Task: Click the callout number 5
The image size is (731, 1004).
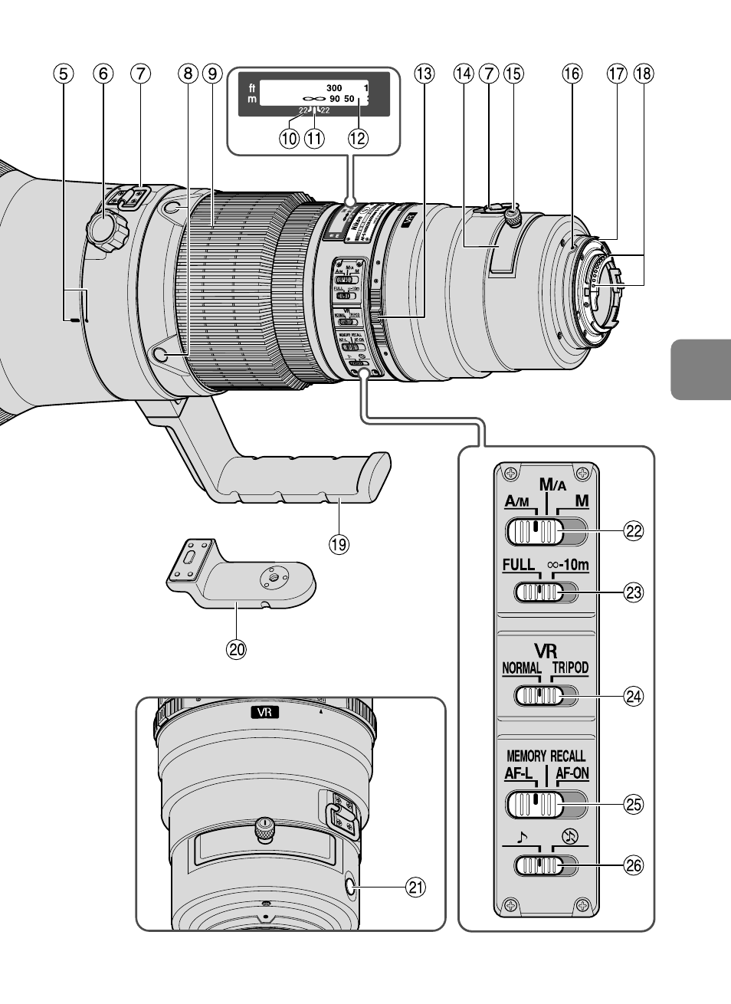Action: (64, 74)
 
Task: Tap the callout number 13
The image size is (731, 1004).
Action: (424, 74)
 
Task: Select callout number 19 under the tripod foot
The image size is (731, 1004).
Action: (338, 544)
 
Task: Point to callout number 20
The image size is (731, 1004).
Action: (236, 649)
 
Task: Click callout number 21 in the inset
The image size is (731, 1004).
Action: (415, 888)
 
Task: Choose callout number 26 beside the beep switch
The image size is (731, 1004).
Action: (633, 866)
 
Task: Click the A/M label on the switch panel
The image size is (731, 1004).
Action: (517, 502)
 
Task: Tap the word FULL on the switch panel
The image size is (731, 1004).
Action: (518, 565)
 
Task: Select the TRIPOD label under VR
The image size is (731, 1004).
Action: (570, 668)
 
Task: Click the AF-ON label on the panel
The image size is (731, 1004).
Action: (572, 773)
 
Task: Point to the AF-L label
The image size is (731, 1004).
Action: (519, 773)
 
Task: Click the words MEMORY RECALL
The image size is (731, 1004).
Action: (546, 756)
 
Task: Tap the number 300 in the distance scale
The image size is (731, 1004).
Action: (333, 88)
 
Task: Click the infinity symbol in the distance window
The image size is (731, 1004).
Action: (312, 100)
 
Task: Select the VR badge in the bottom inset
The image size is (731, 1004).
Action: (264, 712)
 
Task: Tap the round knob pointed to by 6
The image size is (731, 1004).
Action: (107, 229)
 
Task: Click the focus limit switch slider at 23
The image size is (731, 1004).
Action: (540, 592)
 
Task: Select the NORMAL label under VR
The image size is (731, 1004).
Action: (521, 668)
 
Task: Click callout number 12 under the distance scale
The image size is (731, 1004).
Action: (358, 139)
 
